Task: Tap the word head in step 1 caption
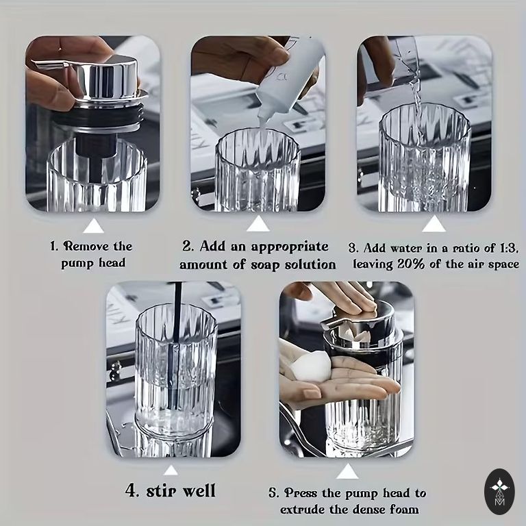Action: pyautogui.click(x=112, y=262)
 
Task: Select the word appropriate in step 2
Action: pyautogui.click(x=290, y=247)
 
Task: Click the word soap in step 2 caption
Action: pyautogui.click(x=265, y=264)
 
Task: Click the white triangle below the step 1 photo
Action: pyautogui.click(x=94, y=227)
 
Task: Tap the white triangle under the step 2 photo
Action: pyautogui.click(x=258, y=224)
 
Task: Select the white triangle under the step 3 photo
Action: pyautogui.click(x=434, y=224)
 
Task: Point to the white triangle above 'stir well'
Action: pyautogui.click(x=171, y=471)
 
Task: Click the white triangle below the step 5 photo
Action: pyautogui.click(x=347, y=472)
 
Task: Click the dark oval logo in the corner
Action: pyautogui.click(x=499, y=492)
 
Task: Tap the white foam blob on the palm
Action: pyautogui.click(x=310, y=366)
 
